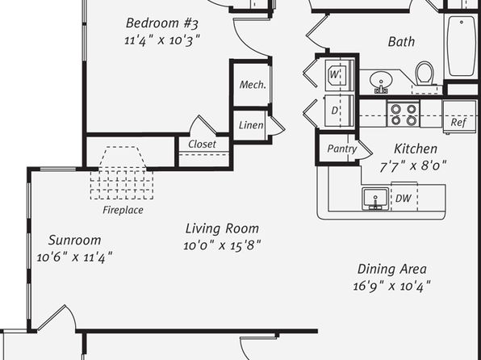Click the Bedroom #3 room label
162,23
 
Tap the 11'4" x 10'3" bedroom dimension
162,40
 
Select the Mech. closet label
253,85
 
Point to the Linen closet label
251,125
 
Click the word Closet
202,144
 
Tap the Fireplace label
123,210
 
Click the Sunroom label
74,240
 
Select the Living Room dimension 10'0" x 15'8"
222,245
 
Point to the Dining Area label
391,269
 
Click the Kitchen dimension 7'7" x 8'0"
413,166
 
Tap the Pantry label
341,149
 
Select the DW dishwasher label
403,199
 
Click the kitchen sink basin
375,199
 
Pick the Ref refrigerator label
458,123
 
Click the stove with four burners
404,114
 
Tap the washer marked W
339,75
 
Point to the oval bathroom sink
381,81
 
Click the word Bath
401,42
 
